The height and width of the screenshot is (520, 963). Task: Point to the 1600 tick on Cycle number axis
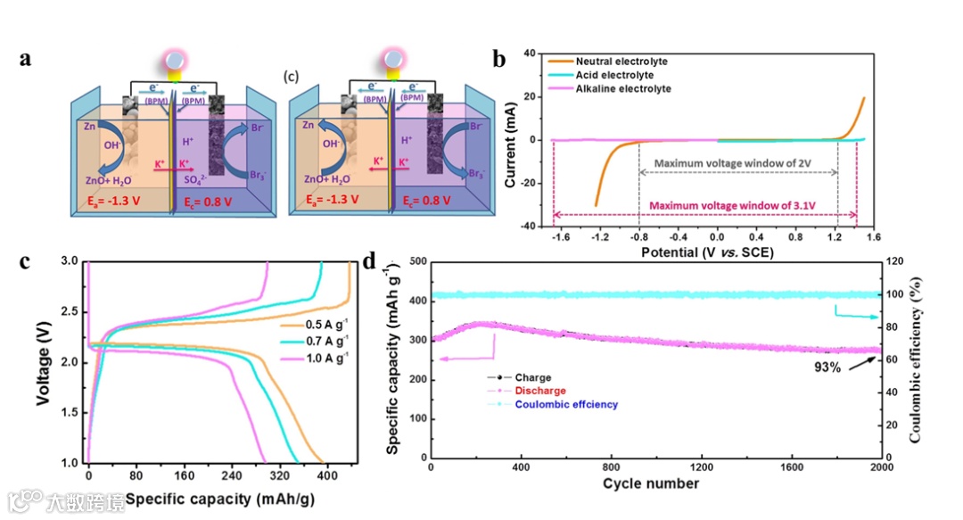pos(792,467)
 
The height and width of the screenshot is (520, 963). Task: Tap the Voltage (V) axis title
pos(42,362)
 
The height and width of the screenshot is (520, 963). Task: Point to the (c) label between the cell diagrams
pos(291,77)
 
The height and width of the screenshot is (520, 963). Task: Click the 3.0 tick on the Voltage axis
pos(70,261)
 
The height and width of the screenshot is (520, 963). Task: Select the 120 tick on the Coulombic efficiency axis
pos(894,261)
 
